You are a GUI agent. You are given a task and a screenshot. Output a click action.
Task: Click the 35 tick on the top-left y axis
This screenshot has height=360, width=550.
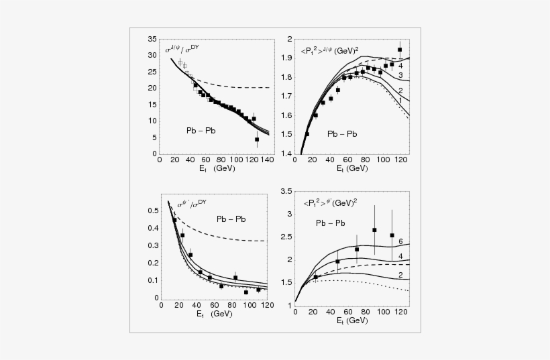pyautogui.click(x=152, y=39)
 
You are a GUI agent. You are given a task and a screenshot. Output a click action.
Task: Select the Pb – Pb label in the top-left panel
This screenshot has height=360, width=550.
pyautogui.click(x=201, y=129)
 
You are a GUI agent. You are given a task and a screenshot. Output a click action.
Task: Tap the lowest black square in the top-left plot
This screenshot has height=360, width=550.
pyautogui.click(x=257, y=139)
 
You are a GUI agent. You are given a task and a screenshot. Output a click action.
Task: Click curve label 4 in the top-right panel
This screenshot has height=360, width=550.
pyautogui.click(x=400, y=66)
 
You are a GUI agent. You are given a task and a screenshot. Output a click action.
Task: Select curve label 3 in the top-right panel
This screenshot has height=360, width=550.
pyautogui.click(x=400, y=76)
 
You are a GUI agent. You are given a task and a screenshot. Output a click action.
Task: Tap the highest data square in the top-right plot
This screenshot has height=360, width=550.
pyautogui.click(x=400, y=50)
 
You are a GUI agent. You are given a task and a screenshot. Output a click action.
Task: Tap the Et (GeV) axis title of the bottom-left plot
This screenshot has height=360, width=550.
pyautogui.click(x=202, y=315)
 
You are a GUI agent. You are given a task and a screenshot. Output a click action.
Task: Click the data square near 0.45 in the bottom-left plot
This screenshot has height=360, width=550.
pyautogui.click(x=174, y=220)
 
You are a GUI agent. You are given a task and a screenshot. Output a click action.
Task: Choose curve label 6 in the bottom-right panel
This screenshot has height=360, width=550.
pyautogui.click(x=400, y=241)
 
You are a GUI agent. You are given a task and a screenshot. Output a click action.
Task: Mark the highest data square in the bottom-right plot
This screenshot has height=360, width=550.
pyautogui.click(x=374, y=230)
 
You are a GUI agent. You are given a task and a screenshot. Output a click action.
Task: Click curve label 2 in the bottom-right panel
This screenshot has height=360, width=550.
pyautogui.click(x=400, y=275)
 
